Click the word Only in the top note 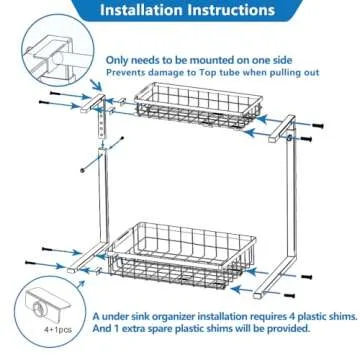pos(122,60)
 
